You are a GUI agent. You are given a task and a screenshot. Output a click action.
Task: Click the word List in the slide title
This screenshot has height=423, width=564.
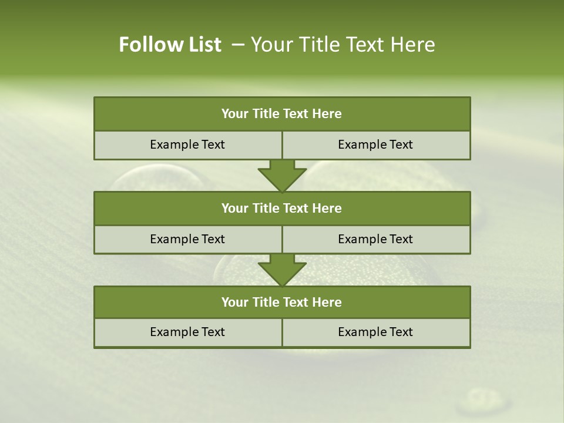202,45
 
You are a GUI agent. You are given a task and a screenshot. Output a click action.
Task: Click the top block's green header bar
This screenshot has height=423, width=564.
282,114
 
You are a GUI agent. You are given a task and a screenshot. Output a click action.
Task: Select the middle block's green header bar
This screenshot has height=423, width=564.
282,208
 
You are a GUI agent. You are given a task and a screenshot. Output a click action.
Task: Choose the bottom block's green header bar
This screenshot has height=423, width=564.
282,302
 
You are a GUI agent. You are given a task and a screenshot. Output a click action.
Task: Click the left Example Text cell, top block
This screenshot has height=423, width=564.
187,145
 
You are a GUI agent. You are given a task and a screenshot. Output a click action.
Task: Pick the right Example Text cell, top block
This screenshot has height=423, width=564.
375,145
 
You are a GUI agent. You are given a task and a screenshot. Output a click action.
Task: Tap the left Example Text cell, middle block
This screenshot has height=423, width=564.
187,239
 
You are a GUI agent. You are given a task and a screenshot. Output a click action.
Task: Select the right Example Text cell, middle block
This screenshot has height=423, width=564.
375,239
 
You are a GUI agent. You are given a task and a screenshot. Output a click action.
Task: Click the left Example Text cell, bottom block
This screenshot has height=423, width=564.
187,332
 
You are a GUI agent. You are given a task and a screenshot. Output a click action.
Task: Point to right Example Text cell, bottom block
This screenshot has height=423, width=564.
375,332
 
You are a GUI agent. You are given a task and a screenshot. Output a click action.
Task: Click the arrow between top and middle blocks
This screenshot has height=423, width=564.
282,175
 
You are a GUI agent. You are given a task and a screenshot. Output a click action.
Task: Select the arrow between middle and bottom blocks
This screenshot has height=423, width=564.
282,270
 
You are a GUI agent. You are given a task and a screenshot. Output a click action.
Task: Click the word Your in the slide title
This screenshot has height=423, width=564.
270,45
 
